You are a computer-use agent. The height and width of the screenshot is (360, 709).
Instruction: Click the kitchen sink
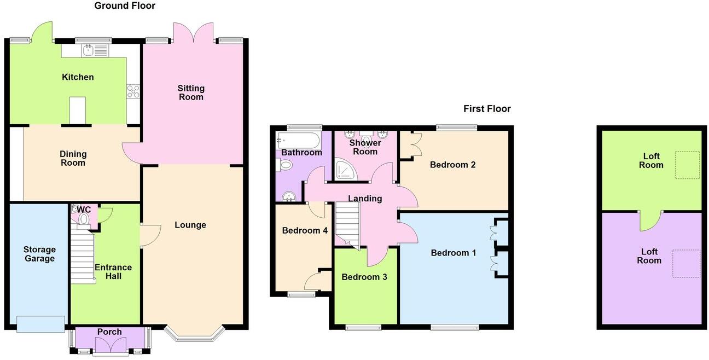[x=95, y=51]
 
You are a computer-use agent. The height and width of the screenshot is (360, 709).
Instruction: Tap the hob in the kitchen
[x=133, y=91]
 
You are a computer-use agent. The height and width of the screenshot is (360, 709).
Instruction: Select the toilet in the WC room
[x=83, y=218]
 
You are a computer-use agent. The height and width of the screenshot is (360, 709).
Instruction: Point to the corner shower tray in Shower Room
[x=345, y=170]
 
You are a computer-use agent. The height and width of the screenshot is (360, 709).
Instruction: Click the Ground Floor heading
[x=125, y=6]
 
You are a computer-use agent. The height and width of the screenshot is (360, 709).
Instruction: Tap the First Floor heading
[x=487, y=109]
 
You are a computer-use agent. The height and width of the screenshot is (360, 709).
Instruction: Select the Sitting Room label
[x=191, y=92]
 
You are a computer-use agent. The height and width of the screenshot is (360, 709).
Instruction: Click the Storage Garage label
[x=39, y=254]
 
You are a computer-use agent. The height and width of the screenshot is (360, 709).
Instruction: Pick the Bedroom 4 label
[x=305, y=231]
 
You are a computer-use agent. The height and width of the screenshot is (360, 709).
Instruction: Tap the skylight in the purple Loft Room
[x=686, y=264]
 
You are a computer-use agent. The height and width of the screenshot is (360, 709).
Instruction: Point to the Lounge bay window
[x=195, y=335]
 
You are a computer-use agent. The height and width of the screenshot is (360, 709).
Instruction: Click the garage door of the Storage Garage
[x=40, y=324]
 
